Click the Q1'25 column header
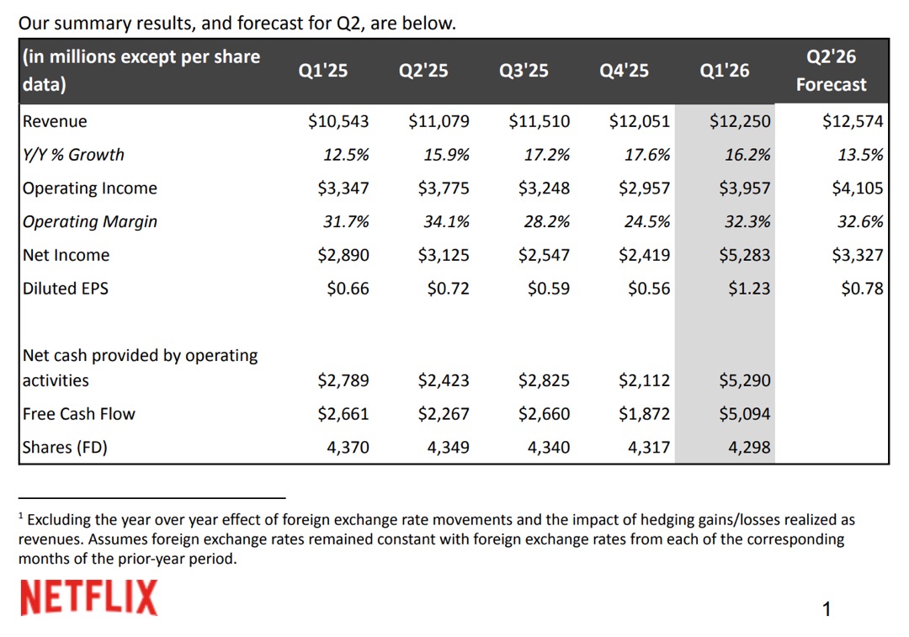pos(322,71)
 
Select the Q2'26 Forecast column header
pos(831,71)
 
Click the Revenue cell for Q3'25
pos(539,121)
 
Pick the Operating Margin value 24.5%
pos(648,222)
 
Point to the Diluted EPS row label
pos(66,289)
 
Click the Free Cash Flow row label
pos(79,414)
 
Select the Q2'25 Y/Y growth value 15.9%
pos(447,155)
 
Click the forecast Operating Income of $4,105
pos(857,188)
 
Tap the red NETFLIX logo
pos(88,598)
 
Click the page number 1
pos(827,609)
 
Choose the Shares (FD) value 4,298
pos(749,448)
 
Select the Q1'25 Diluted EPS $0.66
pos(348,289)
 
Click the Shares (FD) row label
pos(66,448)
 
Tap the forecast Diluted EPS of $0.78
pos(862,289)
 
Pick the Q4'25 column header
pos(624,71)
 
